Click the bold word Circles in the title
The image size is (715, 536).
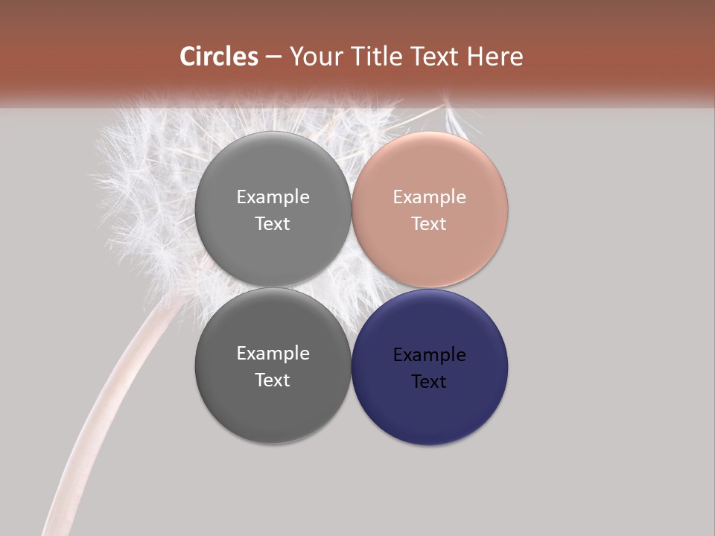(219, 57)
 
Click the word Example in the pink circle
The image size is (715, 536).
(429, 197)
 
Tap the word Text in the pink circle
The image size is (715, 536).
(429, 224)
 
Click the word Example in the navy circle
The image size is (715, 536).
(429, 355)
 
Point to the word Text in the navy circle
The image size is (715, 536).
(429, 382)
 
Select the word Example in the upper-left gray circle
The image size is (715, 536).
(273, 197)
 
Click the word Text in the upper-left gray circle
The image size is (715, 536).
(273, 224)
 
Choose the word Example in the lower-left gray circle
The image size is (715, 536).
(273, 354)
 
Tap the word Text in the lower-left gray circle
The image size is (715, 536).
(273, 380)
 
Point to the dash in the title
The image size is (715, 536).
(273, 57)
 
